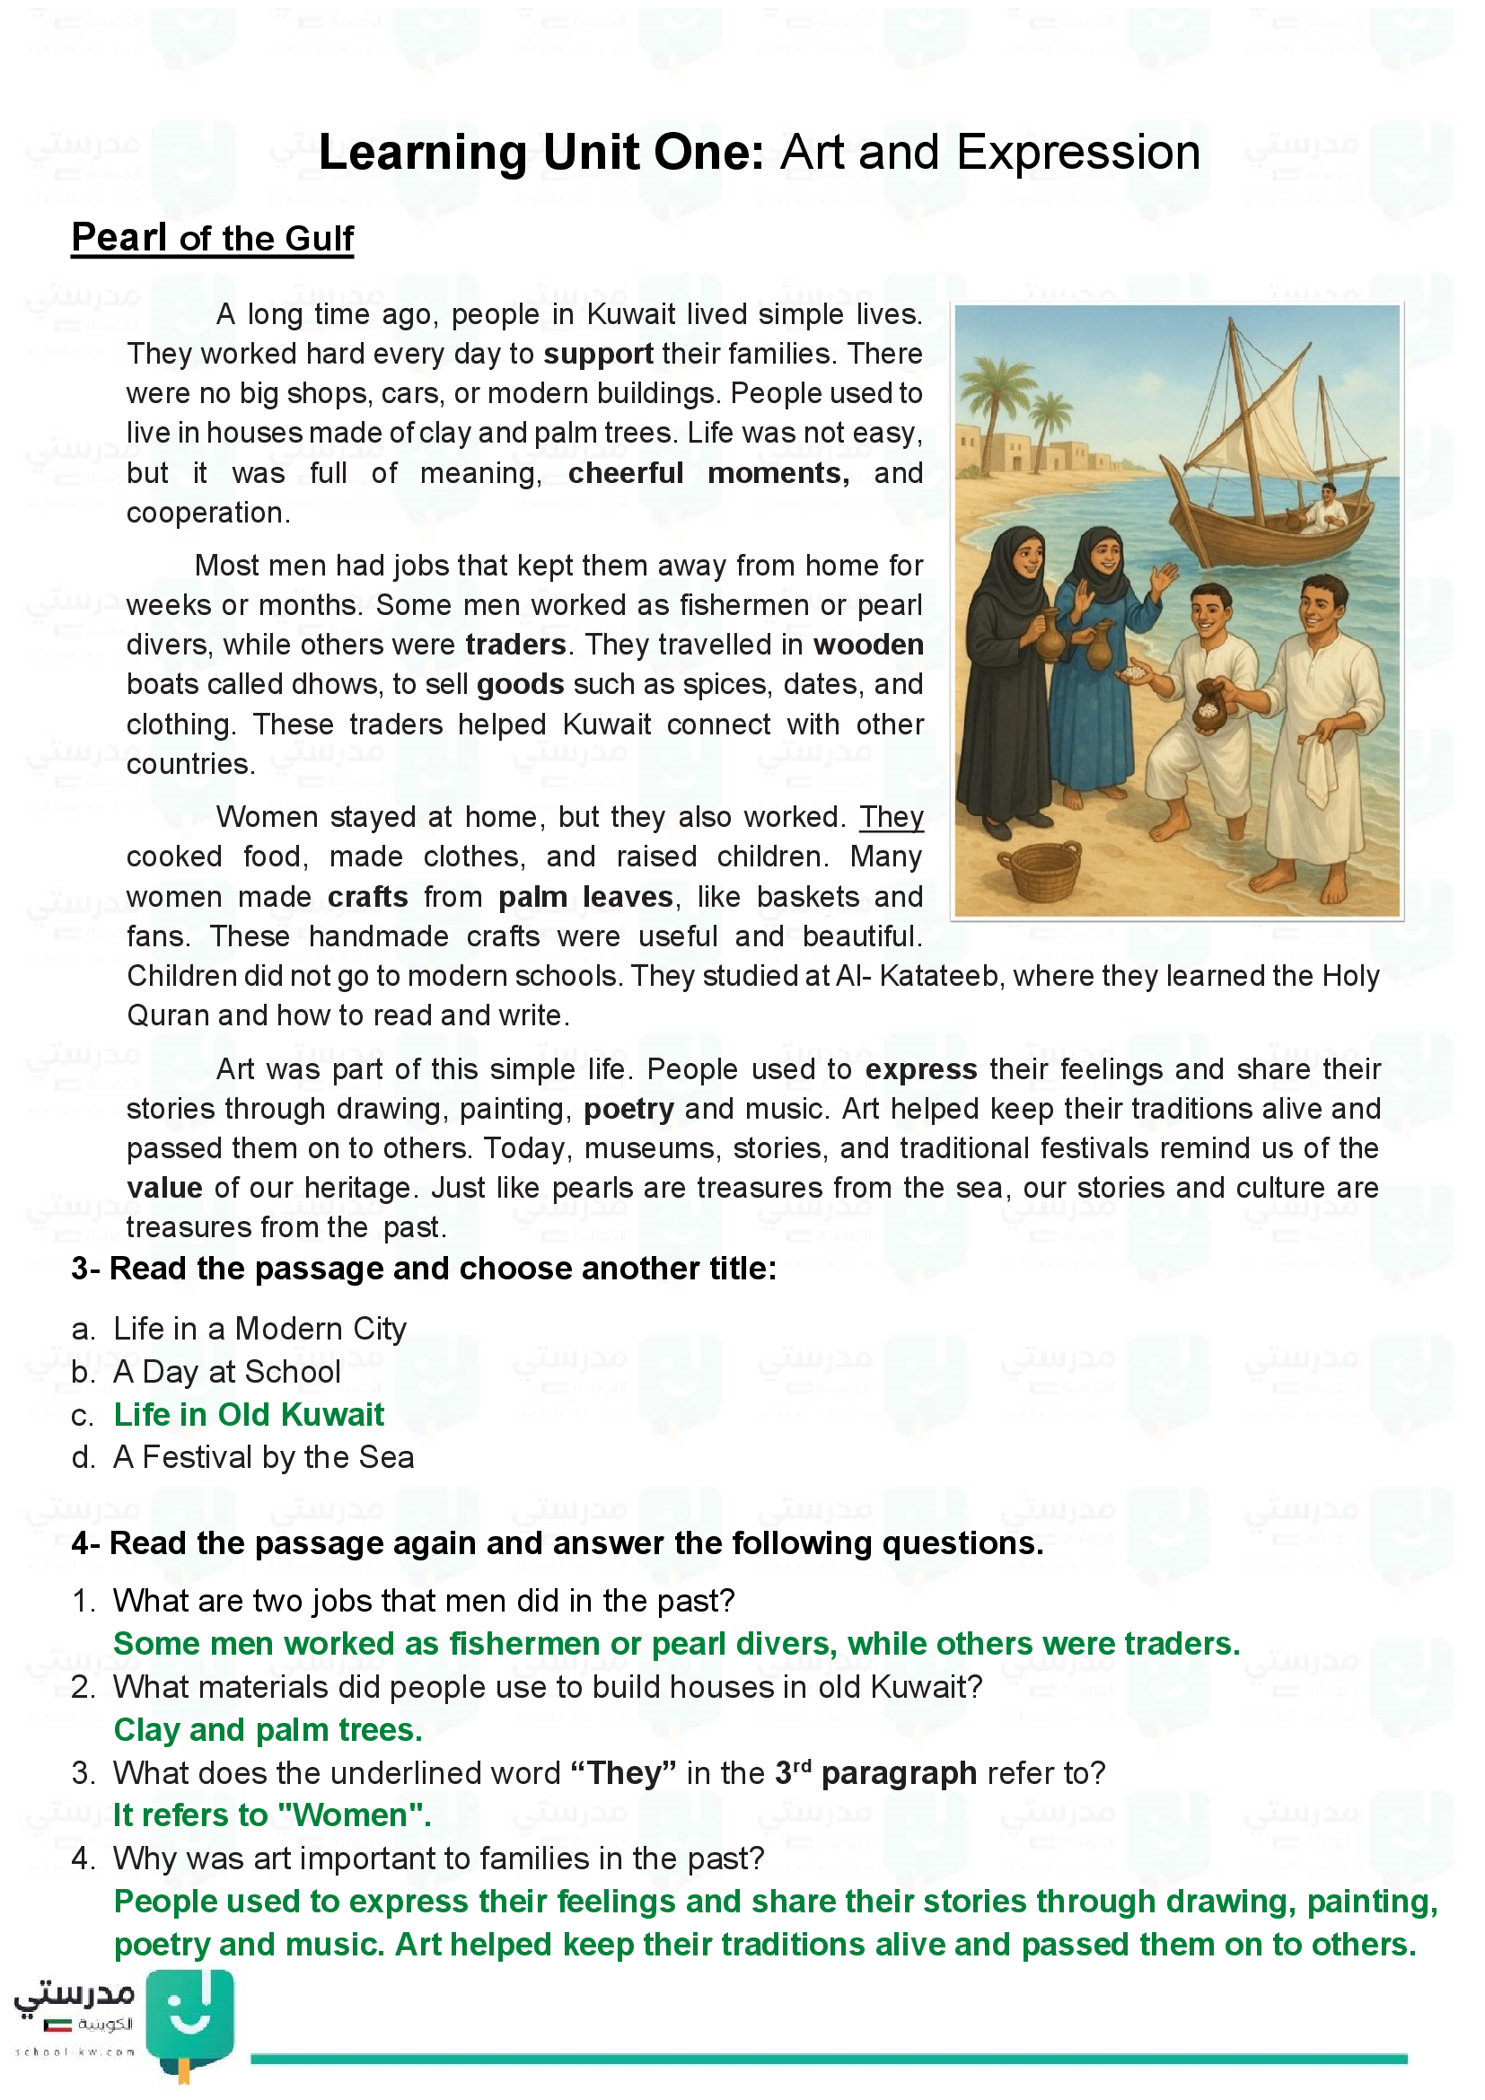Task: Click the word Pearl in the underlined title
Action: click(x=119, y=238)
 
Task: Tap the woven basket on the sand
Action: click(x=1040, y=872)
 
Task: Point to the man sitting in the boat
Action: click(x=1323, y=508)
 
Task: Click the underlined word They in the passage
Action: click(x=891, y=817)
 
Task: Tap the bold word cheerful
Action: click(x=626, y=473)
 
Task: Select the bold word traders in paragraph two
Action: click(x=515, y=645)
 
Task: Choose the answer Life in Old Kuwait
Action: click(x=249, y=1415)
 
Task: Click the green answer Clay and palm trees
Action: click(x=268, y=1730)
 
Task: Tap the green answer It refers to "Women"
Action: click(x=271, y=1815)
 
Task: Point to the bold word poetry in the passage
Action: click(x=629, y=1110)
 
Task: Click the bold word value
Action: click(x=164, y=1188)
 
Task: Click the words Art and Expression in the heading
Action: click(x=990, y=153)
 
